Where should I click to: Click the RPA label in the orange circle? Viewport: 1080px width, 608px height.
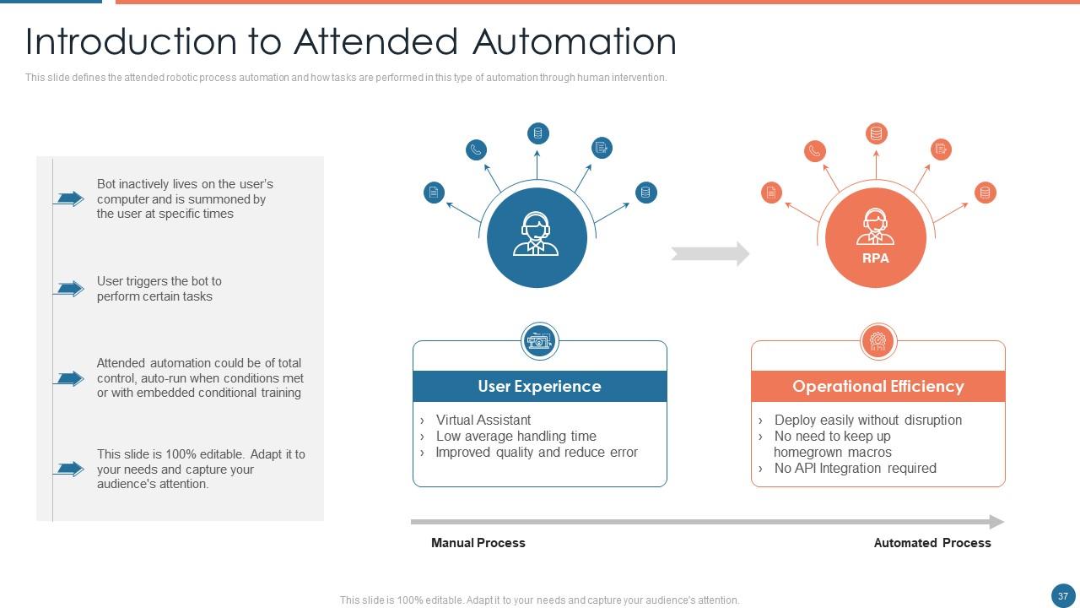pos(876,258)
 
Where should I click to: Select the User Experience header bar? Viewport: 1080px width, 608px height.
pos(539,386)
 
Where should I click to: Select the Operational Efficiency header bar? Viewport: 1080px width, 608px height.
pos(877,386)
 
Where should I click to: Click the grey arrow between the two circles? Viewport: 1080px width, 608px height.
pos(710,253)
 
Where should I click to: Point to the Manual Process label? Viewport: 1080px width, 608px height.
pos(478,543)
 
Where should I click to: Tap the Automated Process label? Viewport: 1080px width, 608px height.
pos(932,543)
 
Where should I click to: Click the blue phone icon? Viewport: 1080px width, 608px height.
pos(477,150)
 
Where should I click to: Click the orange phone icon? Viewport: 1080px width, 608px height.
pos(815,151)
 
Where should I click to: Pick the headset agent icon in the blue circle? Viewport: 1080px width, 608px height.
pos(537,233)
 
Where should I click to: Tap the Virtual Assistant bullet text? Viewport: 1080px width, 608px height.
pos(483,420)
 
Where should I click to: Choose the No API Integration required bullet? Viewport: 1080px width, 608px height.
pos(855,468)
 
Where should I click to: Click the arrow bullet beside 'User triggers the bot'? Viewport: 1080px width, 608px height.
pos(69,289)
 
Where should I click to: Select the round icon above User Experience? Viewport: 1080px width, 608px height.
pos(540,341)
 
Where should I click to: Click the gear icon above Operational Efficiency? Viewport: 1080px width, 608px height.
pos(877,341)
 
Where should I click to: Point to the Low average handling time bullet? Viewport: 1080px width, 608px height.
pos(516,436)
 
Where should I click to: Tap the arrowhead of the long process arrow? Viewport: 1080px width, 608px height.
pos(996,522)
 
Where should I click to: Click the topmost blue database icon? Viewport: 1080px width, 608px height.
pos(538,133)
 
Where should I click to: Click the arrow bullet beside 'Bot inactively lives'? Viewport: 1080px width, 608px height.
pos(69,198)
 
